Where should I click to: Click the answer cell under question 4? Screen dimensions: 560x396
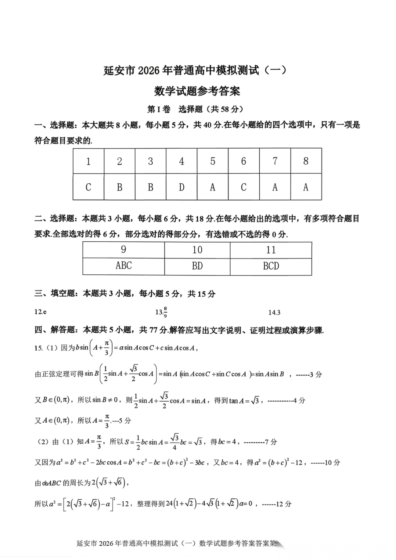(x=181, y=187)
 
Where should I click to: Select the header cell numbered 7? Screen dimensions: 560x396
(x=275, y=161)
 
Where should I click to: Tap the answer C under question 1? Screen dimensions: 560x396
(x=88, y=187)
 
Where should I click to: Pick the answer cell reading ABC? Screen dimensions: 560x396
(x=124, y=266)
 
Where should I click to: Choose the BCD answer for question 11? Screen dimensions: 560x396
(x=271, y=266)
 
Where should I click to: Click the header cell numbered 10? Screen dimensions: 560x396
(x=197, y=250)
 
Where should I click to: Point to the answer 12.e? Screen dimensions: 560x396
(x=40, y=312)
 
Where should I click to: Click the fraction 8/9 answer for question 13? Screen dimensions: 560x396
(x=162, y=312)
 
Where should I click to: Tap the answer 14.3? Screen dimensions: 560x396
(x=274, y=312)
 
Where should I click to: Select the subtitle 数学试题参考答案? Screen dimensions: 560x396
(x=197, y=91)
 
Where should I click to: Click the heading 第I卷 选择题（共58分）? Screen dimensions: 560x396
(x=195, y=109)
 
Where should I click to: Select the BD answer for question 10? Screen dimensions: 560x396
(x=197, y=266)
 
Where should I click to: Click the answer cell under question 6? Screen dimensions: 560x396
(x=243, y=187)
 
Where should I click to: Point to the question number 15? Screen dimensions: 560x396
(x=38, y=348)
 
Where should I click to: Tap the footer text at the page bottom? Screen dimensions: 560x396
(x=176, y=543)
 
